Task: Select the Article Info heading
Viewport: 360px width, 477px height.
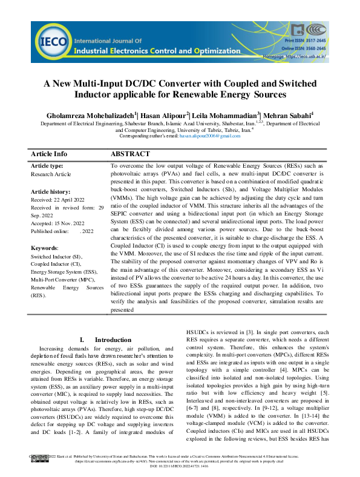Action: click(x=49, y=154)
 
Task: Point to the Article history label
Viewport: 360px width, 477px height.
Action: click(x=51, y=191)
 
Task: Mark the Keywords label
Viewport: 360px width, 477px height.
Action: click(x=45, y=248)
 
